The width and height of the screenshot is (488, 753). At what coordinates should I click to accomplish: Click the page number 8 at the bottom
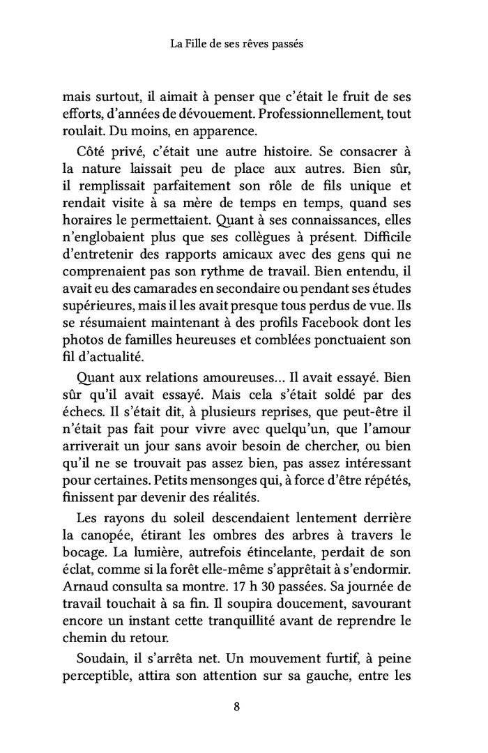point(237,705)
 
